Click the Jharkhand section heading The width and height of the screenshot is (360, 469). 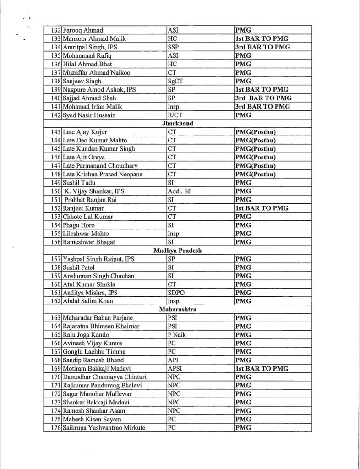178,124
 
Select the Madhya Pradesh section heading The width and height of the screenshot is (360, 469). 178,251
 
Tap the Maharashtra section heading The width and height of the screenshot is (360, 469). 178,310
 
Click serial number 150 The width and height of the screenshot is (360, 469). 55,191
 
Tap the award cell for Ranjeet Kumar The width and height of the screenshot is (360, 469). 262,208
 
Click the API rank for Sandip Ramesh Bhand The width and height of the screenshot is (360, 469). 174,360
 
